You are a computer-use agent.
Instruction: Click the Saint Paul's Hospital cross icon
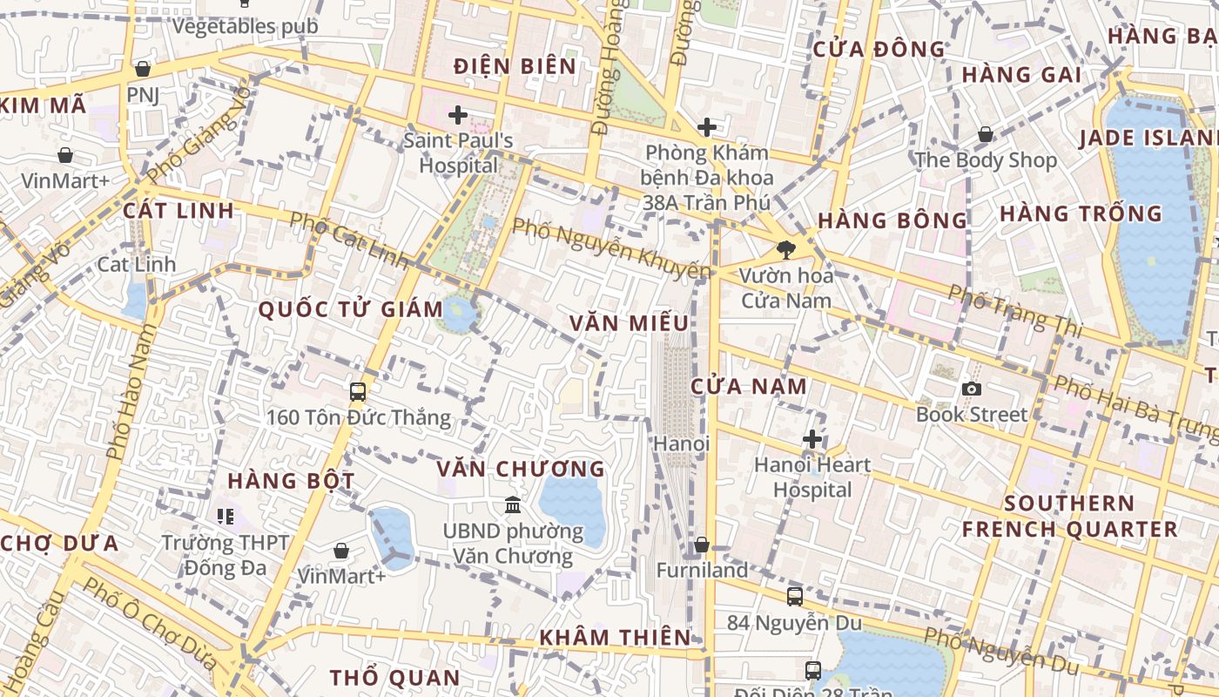pos(457,114)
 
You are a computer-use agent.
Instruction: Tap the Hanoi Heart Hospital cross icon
pos(812,438)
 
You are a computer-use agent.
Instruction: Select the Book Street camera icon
pos(972,389)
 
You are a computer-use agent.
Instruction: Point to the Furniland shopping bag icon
pos(702,545)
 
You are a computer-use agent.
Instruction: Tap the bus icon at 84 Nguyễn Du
pos(795,597)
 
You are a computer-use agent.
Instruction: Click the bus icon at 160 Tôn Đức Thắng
pos(358,391)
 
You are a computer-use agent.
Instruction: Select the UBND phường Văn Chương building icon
pos(513,504)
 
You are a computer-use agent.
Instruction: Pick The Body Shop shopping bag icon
pos(986,134)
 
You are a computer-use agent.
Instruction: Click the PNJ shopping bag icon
pos(143,68)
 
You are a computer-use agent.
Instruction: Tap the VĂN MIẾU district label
pos(629,323)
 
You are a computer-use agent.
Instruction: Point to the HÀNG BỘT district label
pos(291,481)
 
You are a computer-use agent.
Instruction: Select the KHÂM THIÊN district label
pos(615,638)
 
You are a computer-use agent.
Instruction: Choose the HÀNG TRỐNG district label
pos(1081,213)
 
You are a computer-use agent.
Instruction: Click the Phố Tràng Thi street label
pos(1014,310)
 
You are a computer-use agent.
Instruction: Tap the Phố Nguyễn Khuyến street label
pos(611,248)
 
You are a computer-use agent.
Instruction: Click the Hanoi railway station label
pos(682,443)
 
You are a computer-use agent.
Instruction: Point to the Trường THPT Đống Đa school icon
pos(226,517)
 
